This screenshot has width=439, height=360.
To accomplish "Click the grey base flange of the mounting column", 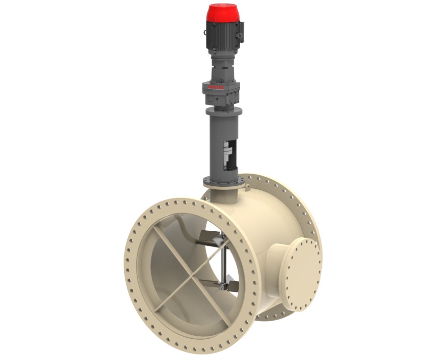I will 222,180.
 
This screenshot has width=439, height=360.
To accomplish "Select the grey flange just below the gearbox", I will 223,111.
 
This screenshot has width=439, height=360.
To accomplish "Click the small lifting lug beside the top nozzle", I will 249,187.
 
